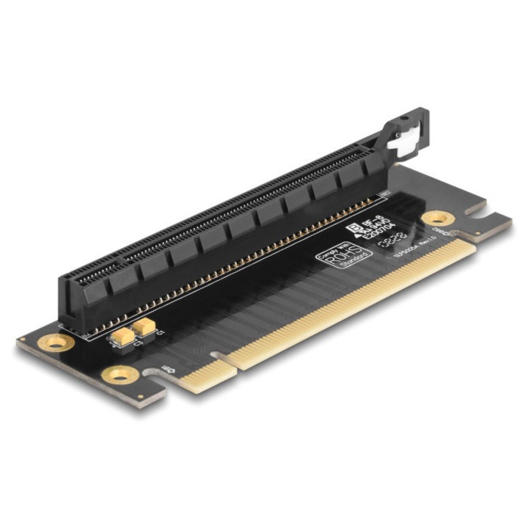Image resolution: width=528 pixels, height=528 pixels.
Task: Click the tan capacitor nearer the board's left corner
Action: (122, 337)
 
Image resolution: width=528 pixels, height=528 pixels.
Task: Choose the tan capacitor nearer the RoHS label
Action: (144, 328)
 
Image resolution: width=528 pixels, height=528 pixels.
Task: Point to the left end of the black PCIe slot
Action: (73, 293)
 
